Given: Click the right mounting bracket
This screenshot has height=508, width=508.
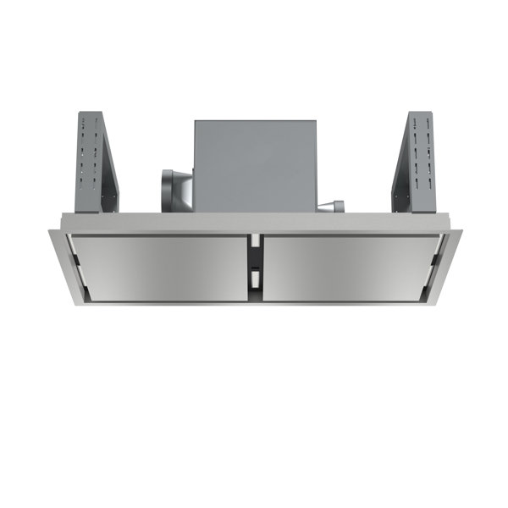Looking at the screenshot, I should pos(418,161).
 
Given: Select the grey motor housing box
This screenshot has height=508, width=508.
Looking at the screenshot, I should pos(254,165).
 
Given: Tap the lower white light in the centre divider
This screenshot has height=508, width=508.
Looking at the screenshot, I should pos(253,279).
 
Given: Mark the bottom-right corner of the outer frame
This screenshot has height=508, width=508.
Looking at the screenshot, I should pos(433,304).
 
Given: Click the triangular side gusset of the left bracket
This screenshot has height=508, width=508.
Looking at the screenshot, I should pos(108,169).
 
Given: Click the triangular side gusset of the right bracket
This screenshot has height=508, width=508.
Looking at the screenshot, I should pos(400,169).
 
